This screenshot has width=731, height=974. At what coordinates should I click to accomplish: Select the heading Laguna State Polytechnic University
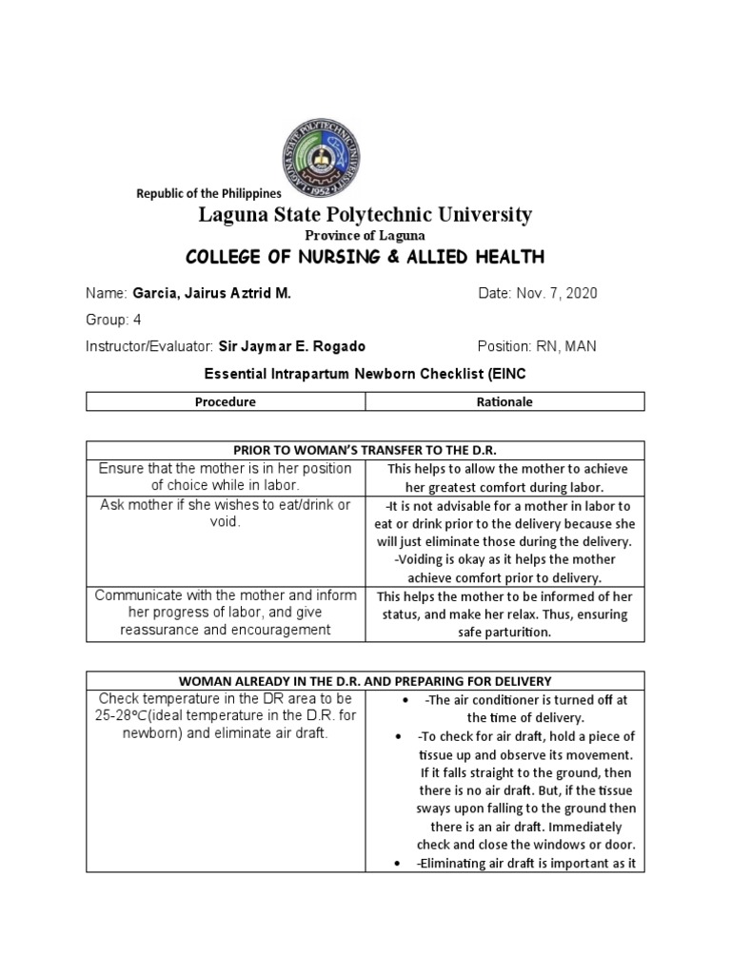click(x=365, y=215)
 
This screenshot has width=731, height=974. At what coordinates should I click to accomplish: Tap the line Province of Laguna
click(x=365, y=235)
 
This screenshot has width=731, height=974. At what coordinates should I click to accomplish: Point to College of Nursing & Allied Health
click(x=365, y=257)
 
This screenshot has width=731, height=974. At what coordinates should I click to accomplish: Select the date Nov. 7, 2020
click(x=560, y=294)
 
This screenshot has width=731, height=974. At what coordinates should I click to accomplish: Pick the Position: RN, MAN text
click(x=537, y=346)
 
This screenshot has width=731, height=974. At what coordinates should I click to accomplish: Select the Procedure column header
click(x=226, y=401)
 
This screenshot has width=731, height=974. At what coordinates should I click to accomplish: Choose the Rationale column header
click(x=504, y=401)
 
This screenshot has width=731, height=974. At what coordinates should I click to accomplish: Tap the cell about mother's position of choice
click(x=226, y=477)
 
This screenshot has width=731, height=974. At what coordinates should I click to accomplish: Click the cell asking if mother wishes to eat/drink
click(x=226, y=514)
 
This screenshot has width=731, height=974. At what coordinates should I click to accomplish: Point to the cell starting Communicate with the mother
click(x=226, y=613)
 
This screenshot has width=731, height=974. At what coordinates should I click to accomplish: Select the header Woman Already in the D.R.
click(x=365, y=680)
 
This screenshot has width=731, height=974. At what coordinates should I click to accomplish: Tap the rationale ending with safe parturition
click(x=504, y=614)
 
